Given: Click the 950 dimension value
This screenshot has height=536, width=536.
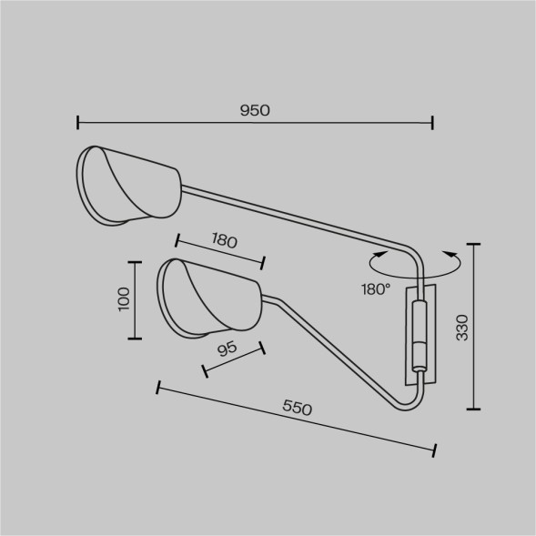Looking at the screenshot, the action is [x=255, y=110].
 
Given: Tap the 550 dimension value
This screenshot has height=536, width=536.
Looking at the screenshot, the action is [x=297, y=408].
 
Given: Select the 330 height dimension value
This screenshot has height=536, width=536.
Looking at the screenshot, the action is [x=462, y=328].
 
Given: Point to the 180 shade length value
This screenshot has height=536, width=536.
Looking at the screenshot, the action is [x=224, y=240].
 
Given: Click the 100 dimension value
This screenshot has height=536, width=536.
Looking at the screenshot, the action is [x=124, y=299].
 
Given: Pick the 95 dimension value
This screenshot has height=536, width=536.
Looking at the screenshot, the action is [x=227, y=349].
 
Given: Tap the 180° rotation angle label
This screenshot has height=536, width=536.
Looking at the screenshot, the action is [x=376, y=289].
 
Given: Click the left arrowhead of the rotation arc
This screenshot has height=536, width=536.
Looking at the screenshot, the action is [x=380, y=254].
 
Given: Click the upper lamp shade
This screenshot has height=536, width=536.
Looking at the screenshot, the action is [x=129, y=186].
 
